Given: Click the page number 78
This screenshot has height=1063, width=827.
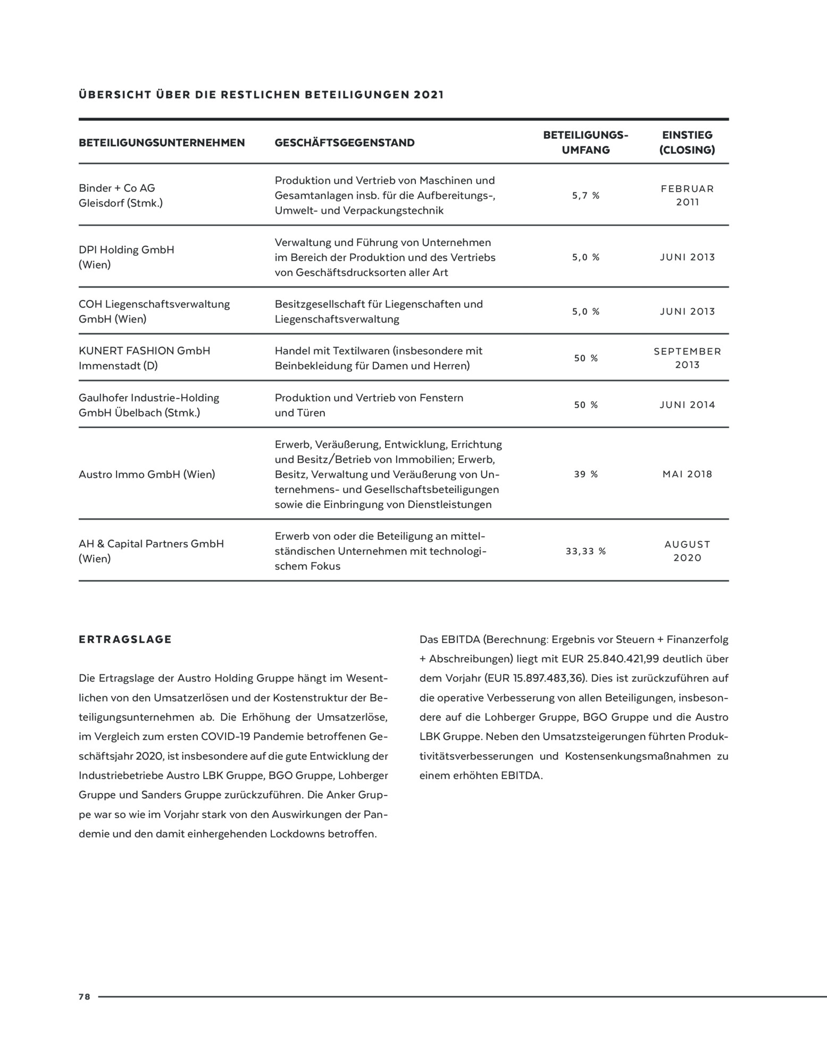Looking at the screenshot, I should [85, 997].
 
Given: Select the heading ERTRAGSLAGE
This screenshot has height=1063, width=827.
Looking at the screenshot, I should [126, 639].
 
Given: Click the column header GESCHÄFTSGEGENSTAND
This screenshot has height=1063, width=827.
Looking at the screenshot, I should [345, 142].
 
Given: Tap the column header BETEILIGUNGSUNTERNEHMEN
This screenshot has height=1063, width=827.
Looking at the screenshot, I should [162, 142].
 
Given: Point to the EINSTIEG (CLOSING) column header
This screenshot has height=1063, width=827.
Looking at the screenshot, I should [687, 142].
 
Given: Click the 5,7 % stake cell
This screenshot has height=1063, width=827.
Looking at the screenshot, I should [586, 196].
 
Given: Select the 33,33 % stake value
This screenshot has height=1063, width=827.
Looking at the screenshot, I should [586, 551].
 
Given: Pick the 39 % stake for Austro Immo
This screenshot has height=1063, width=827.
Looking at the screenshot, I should [586, 474].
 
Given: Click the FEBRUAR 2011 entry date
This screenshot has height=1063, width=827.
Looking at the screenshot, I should [687, 196].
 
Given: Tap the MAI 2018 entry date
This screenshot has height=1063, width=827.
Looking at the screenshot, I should [687, 474].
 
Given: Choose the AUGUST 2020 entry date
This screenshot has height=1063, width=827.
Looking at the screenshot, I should [687, 551].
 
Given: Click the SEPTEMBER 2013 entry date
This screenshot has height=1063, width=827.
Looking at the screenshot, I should [687, 358].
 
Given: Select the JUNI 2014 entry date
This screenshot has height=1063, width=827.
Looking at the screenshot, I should [687, 405].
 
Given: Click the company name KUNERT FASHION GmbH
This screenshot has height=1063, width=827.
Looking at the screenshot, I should [145, 351].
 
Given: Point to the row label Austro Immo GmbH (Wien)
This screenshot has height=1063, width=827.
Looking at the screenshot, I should [147, 474].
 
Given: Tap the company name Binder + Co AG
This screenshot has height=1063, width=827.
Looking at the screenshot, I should [117, 188].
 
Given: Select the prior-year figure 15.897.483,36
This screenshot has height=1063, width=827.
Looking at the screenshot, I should [548, 679].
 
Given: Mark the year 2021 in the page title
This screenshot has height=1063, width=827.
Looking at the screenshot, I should [429, 95].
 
